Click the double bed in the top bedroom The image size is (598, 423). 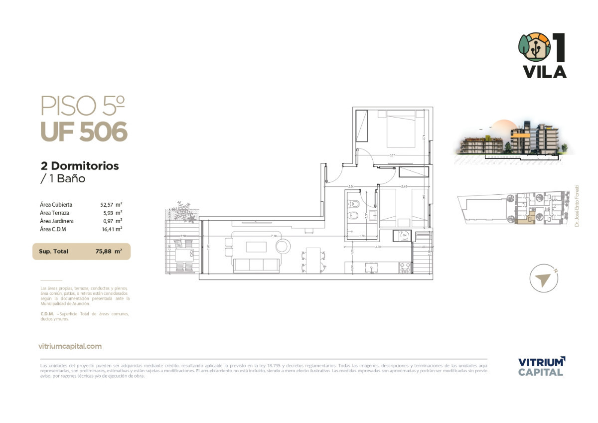[401, 130]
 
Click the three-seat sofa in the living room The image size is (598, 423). [257, 265]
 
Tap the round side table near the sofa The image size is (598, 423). [283, 246]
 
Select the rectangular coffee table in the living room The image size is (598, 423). [256, 247]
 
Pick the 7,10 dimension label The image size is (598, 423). [274, 236]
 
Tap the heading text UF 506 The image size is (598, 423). [84, 132]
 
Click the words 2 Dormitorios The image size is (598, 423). [80, 166]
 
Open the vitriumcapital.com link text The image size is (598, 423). [70, 346]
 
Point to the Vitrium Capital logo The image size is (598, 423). [541, 366]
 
